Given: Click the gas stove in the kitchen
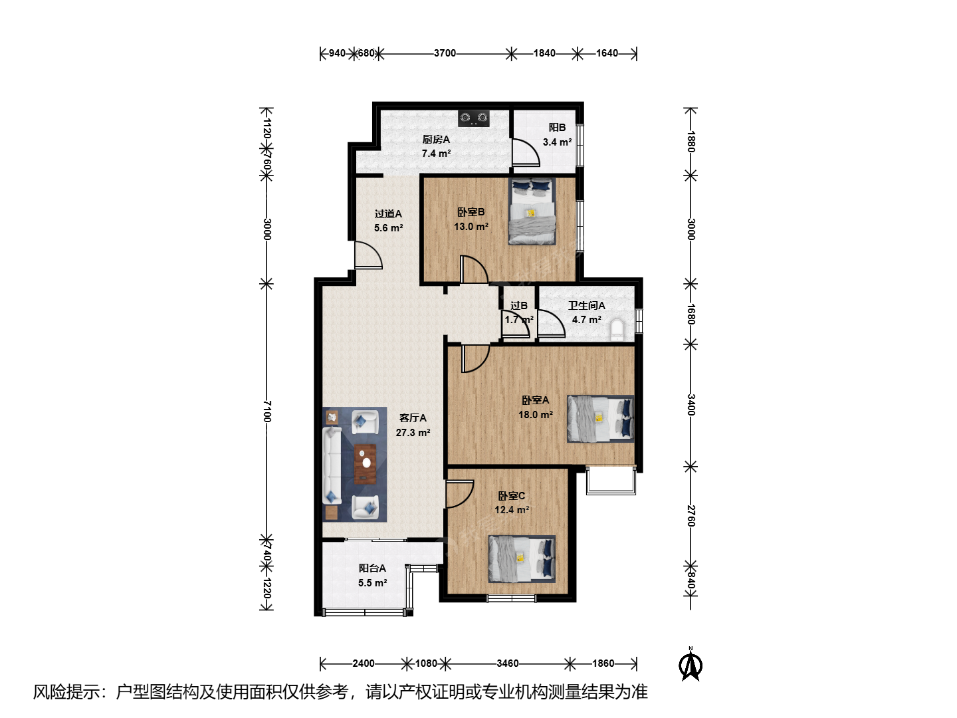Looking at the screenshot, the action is point(473,118).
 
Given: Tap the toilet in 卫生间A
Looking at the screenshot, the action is point(617,330).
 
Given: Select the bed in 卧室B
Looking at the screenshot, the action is point(532,211).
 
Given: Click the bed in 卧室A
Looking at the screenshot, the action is point(600,419).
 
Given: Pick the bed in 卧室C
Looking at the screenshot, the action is point(522,559).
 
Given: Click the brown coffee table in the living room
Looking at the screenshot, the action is point(366,464).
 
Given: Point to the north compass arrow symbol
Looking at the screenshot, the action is point(691,664).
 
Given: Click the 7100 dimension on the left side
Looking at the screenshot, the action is point(267,412).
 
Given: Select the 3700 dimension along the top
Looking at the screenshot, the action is point(445,53).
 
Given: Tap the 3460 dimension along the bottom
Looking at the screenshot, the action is point(508,663).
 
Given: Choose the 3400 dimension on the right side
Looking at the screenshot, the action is point(691,405).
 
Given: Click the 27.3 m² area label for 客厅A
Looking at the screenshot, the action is point(413,432).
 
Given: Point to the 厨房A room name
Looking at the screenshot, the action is point(435,140).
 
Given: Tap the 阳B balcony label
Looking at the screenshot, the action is point(557,127).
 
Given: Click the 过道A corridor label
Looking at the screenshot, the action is point(388,214).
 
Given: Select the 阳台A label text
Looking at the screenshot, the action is point(372,568).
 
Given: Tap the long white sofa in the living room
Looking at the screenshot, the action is point(332,465).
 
